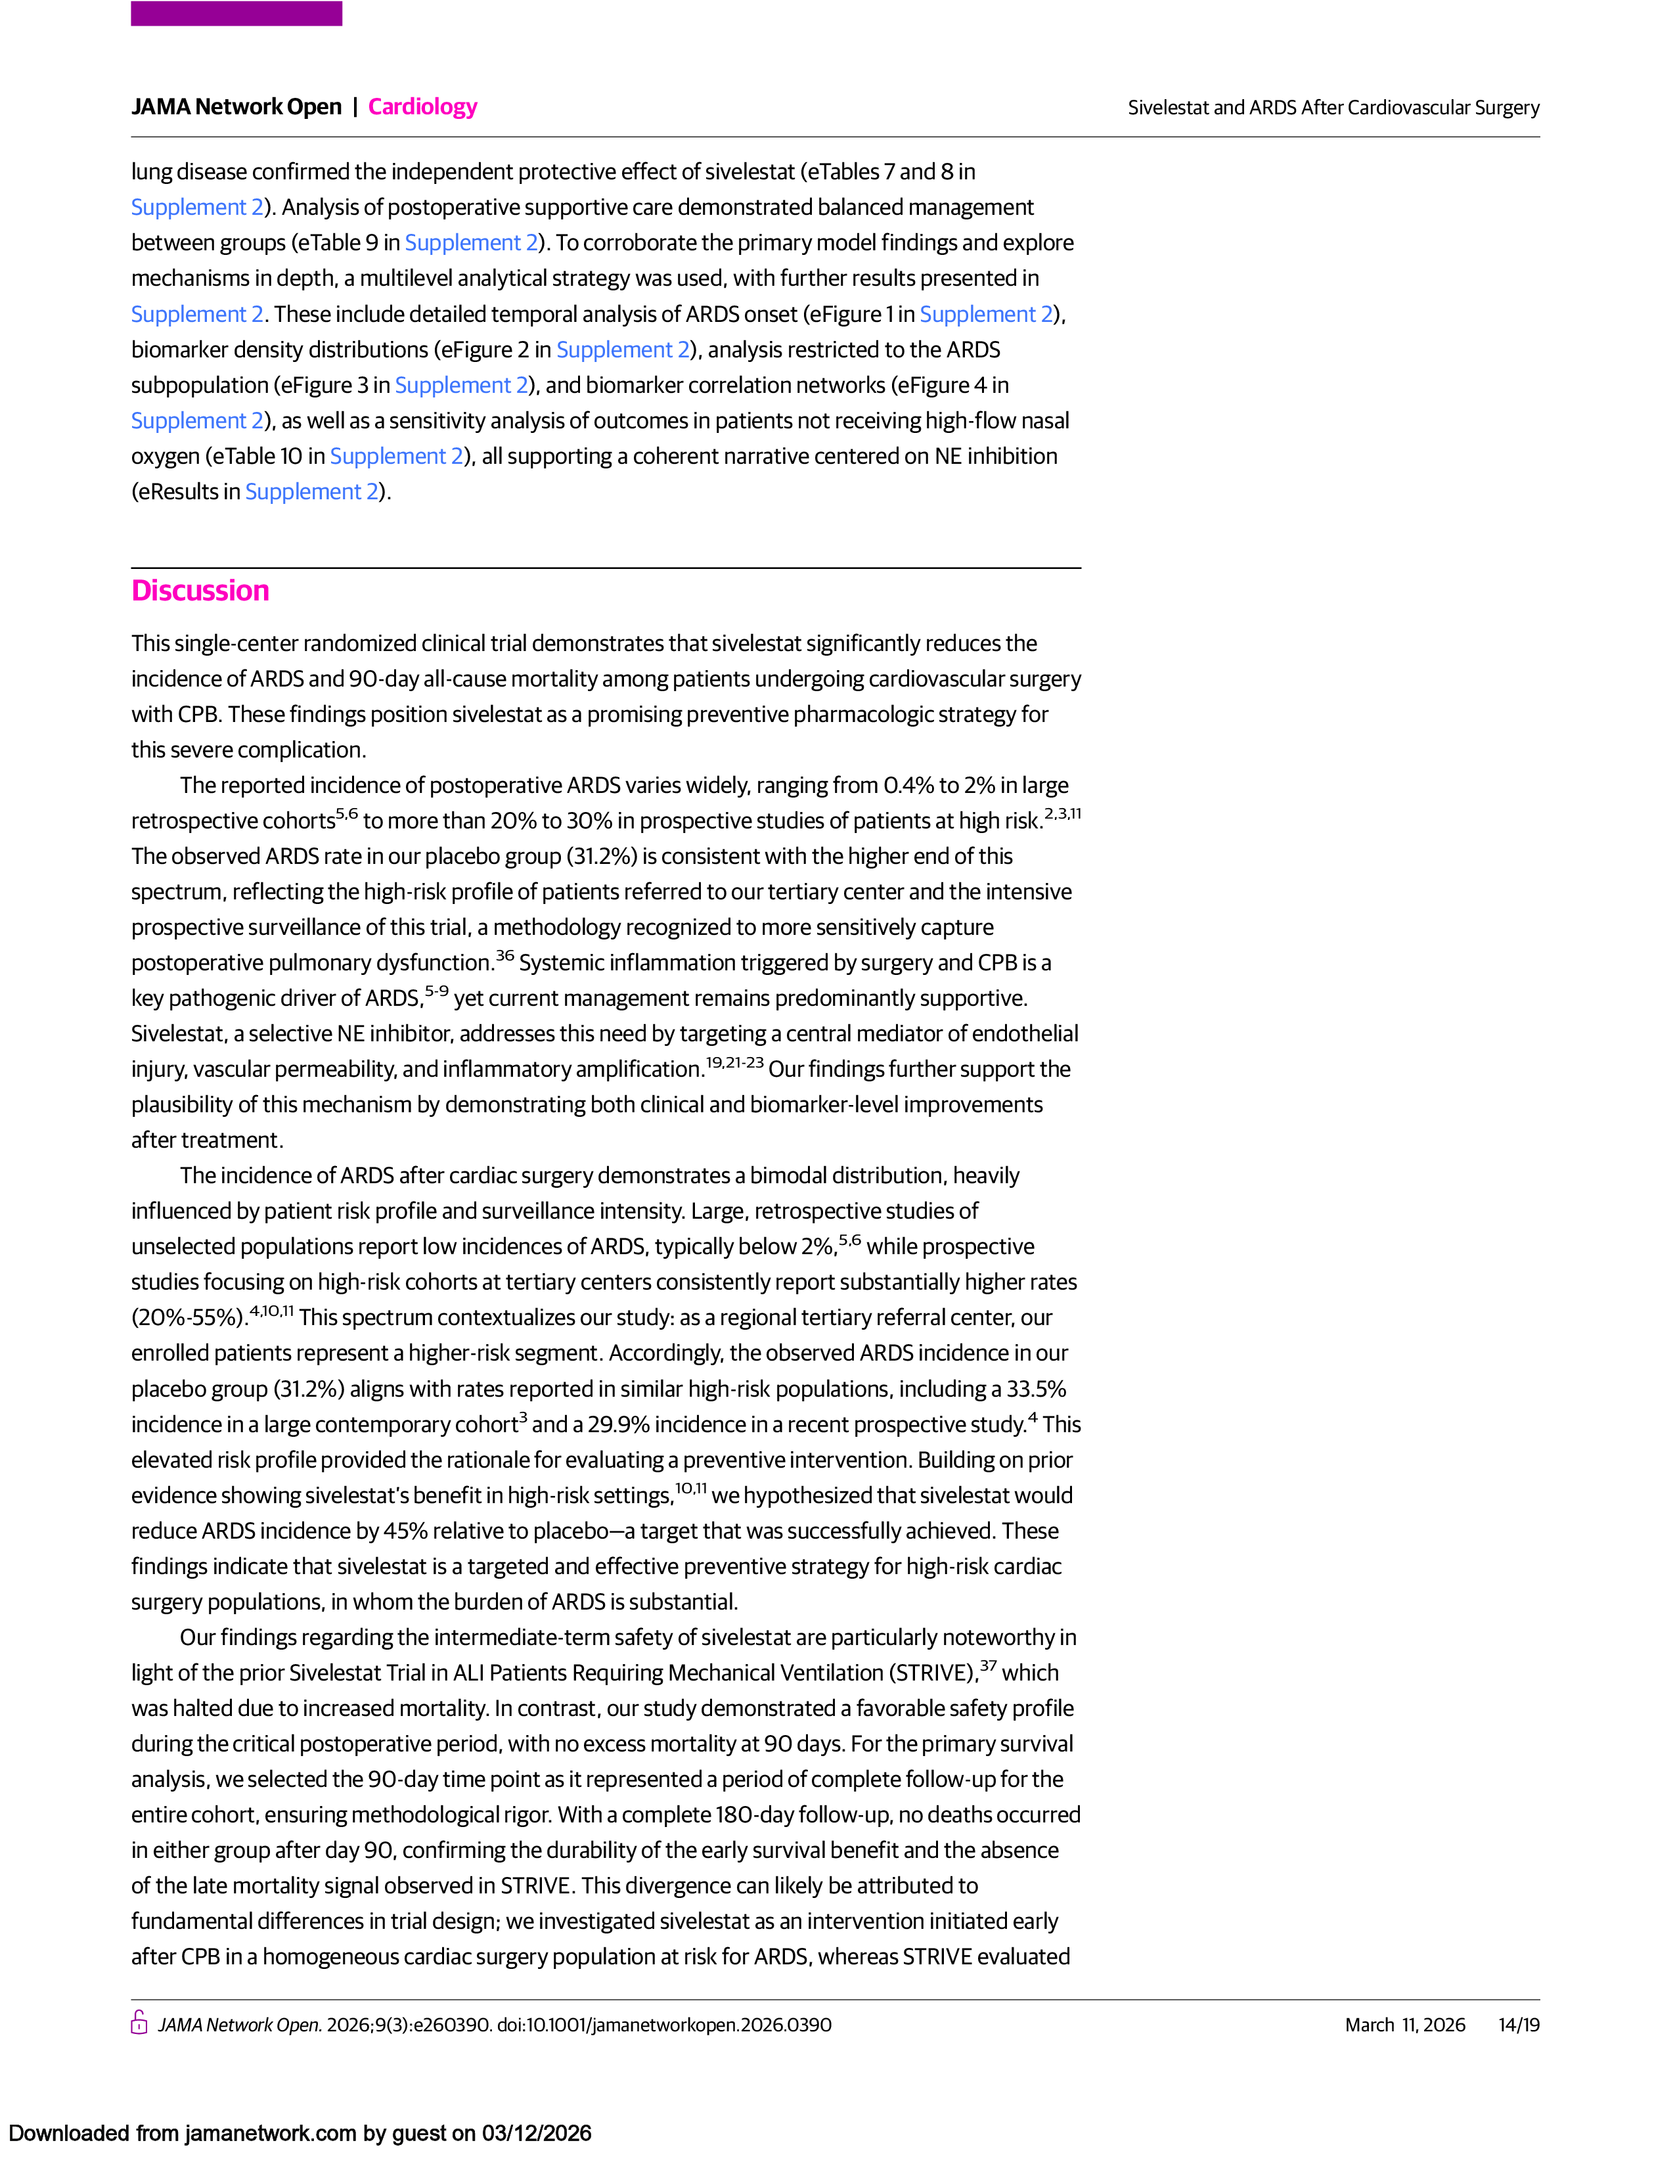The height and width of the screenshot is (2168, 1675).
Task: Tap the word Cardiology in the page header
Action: pos(423,106)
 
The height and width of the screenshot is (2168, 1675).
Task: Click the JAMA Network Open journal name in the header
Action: pos(236,106)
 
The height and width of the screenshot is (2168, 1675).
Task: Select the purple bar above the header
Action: pos(236,14)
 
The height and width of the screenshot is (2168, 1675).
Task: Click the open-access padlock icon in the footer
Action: pos(140,2024)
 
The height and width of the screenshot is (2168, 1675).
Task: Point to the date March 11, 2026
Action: pos(1404,2025)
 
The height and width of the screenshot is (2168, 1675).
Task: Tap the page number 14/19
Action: pos(1518,2025)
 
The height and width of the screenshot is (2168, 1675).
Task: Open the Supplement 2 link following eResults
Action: pos(311,492)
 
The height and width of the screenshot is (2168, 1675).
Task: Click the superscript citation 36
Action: pos(505,956)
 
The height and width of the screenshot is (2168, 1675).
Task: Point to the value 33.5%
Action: pos(1036,1389)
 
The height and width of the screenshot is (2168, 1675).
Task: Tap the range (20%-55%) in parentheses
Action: pos(189,1319)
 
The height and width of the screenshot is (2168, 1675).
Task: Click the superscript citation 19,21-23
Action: pos(734,1063)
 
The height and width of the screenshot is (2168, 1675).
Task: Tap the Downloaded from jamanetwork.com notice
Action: pos(300,2133)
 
